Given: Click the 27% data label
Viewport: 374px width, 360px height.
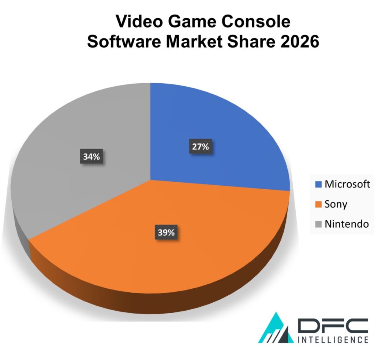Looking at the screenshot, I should [200, 147].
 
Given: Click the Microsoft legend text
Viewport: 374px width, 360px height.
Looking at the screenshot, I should [347, 184].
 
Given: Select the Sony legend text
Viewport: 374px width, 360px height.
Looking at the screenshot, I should [336, 204].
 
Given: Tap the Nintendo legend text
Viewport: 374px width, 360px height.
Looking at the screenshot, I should [347, 224].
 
